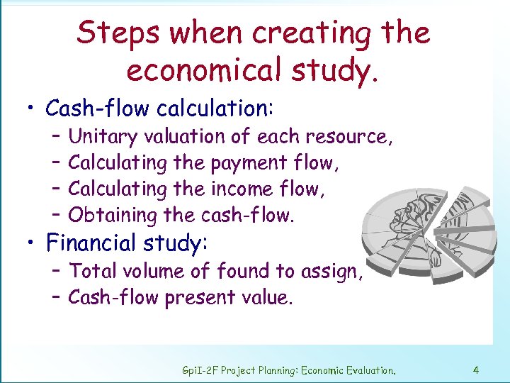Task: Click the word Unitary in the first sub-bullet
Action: click(103, 136)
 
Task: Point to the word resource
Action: click(347, 136)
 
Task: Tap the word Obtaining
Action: click(113, 215)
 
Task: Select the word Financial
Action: click(96, 243)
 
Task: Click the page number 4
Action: click(476, 370)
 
